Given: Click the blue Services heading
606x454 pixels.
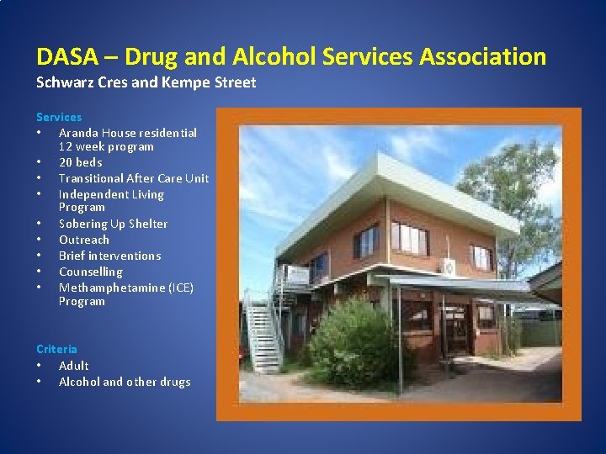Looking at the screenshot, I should (x=59, y=117).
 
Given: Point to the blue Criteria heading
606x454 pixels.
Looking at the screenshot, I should (x=56, y=349).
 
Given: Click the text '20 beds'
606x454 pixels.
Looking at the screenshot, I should (x=80, y=162).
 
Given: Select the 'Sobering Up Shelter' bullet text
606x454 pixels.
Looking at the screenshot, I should (x=113, y=224).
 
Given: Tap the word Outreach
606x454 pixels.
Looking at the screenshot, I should (x=83, y=240).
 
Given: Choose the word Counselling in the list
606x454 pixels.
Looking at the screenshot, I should (x=90, y=272).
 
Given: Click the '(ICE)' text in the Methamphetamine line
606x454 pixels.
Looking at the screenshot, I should (x=180, y=288).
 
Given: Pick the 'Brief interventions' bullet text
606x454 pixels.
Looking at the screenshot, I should (x=109, y=256).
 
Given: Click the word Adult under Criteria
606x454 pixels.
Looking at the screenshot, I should (x=73, y=366).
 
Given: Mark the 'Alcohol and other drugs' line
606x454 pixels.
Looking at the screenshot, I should (x=125, y=382).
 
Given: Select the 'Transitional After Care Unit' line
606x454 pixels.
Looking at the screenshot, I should (x=134, y=178).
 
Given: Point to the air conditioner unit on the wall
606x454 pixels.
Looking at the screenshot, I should (x=450, y=267).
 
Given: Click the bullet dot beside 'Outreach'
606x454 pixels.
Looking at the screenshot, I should (x=40, y=240).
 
